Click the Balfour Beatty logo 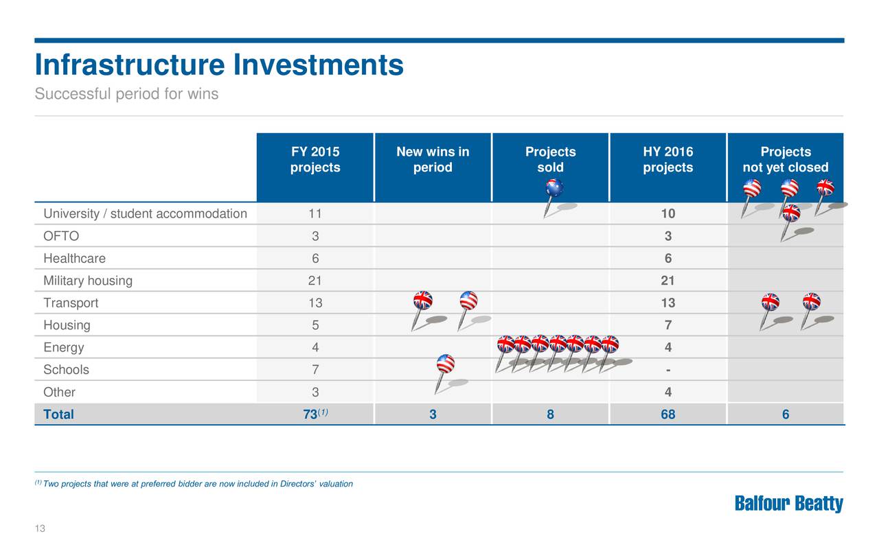click(788, 504)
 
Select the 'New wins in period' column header click(433, 160)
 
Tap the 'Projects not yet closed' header click(785, 160)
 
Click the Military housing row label click(88, 281)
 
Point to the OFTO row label click(61, 236)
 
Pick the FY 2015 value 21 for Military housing click(315, 281)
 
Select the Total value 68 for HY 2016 click(667, 414)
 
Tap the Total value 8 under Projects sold click(550, 414)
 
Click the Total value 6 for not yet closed click(785, 414)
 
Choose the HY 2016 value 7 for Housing click(667, 325)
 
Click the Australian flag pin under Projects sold click(553, 188)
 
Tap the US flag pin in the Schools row click(445, 364)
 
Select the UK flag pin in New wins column click(422, 301)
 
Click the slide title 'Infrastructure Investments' click(219, 66)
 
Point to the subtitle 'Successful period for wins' click(126, 94)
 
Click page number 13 click(40, 528)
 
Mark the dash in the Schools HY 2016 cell click(667, 370)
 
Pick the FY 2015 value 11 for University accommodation click(315, 213)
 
